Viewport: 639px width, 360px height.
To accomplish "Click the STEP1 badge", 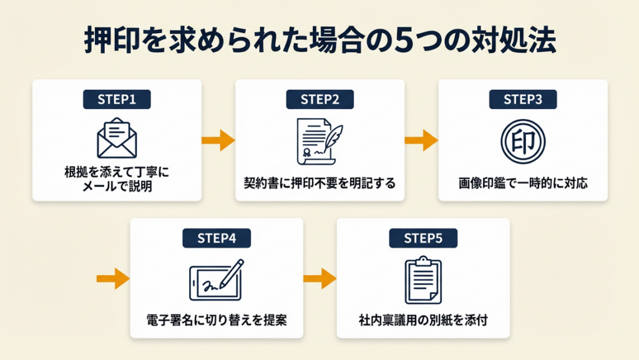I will [x=117, y=100].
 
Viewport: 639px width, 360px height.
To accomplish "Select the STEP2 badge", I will [x=319, y=100].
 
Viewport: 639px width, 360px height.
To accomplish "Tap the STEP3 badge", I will [x=523, y=100].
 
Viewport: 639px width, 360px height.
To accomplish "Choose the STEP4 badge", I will [x=216, y=238].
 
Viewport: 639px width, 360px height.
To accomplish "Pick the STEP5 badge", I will [x=423, y=238].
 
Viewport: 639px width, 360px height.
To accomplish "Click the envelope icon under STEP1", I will [x=117, y=139].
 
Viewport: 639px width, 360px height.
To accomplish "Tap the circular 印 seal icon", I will [x=523, y=141].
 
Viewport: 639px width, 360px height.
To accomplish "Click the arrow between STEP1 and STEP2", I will [x=218, y=141].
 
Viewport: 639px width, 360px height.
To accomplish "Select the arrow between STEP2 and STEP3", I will [x=422, y=141].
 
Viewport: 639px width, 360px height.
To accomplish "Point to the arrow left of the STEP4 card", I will [x=114, y=278].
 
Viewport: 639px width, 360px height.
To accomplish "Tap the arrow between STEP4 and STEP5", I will [x=319, y=278].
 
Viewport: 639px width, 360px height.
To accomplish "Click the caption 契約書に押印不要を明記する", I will [x=319, y=184].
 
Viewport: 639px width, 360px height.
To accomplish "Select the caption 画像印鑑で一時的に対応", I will [x=523, y=184].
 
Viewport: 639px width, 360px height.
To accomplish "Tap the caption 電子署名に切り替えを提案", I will [x=216, y=322].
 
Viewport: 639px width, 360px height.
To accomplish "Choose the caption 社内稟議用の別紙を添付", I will [x=423, y=322].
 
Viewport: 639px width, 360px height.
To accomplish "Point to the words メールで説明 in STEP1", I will [x=117, y=185].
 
